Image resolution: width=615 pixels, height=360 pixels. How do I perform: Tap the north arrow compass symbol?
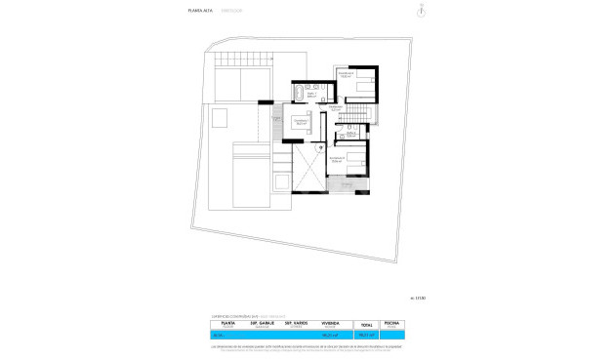click(x=421, y=12)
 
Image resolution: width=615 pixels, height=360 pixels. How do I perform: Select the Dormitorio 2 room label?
click(x=346, y=74)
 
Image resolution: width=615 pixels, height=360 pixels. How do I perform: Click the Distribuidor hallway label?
click(x=336, y=107)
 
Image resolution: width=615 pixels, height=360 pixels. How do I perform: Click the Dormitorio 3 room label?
click(x=338, y=157)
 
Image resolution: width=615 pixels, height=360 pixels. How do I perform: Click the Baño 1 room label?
click(x=311, y=95)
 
